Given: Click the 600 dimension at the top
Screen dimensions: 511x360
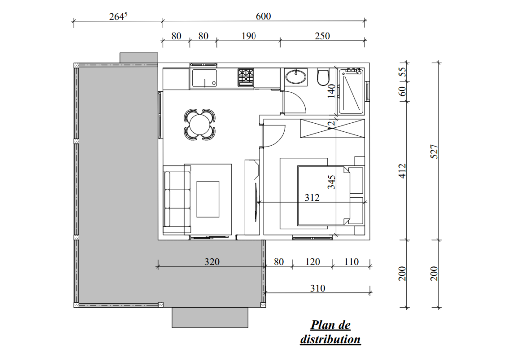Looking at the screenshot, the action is click(263, 16).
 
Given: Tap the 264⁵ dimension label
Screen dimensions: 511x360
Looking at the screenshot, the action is click(118, 16).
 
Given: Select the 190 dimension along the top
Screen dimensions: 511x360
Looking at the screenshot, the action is click(249, 36).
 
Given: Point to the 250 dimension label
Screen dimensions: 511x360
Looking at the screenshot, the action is click(322, 36).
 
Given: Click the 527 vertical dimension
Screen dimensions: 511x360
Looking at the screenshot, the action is click(434, 152).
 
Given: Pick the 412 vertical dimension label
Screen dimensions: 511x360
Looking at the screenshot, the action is click(403, 171).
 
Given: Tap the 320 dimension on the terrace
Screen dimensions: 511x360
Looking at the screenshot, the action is click(212, 262).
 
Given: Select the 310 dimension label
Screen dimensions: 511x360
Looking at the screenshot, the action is click(317, 288).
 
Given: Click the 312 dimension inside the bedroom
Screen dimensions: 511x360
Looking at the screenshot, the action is click(312, 198).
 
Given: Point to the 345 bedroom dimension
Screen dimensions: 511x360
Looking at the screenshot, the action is click(331, 182).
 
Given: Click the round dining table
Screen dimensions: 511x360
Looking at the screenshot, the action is click(200, 124).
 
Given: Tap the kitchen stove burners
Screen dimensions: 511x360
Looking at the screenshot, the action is click(246, 77).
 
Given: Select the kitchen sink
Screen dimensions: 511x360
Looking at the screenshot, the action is click(204, 78).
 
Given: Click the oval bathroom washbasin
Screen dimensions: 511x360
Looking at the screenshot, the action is click(296, 77).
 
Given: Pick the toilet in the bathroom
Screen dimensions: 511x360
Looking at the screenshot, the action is click(323, 77).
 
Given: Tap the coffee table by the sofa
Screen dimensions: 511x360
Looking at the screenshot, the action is click(208, 199).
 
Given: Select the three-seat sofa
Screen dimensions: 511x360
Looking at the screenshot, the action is click(177, 199).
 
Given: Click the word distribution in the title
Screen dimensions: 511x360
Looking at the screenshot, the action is click(330, 339).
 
